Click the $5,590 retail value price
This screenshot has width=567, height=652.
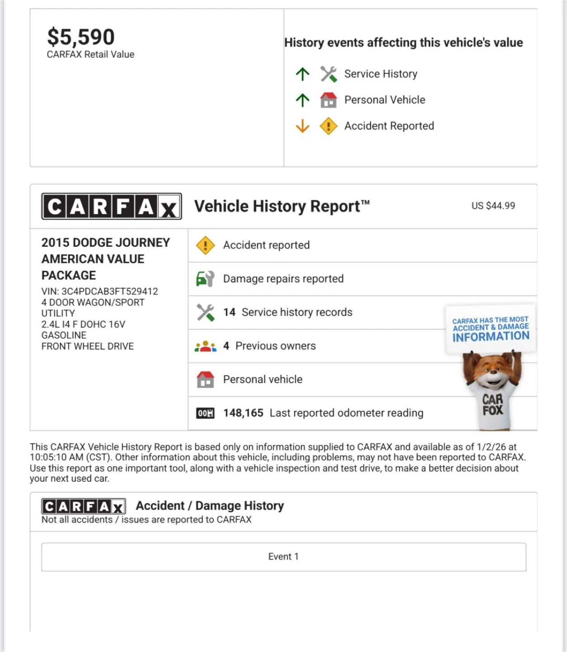[81, 37]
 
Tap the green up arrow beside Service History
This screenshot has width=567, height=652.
[302, 74]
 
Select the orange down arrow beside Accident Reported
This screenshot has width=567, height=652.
[302, 126]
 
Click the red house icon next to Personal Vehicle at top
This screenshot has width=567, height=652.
[329, 100]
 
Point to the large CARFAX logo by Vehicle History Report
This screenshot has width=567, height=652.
[112, 206]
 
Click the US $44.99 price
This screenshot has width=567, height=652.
[493, 206]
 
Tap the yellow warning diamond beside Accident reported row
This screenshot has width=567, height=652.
[205, 245]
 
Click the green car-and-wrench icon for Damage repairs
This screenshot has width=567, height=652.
[205, 278]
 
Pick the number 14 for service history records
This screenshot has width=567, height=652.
[229, 312]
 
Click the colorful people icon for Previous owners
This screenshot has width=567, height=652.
[205, 346]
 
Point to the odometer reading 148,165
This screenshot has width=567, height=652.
[243, 413]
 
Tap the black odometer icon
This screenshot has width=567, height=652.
[205, 413]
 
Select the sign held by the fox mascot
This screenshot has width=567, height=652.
[491, 329]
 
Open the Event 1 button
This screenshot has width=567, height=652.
[283, 556]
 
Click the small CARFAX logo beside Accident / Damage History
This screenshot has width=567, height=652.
[84, 506]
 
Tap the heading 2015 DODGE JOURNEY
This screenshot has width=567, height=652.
[106, 243]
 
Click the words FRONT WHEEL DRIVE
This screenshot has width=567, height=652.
[88, 346]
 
